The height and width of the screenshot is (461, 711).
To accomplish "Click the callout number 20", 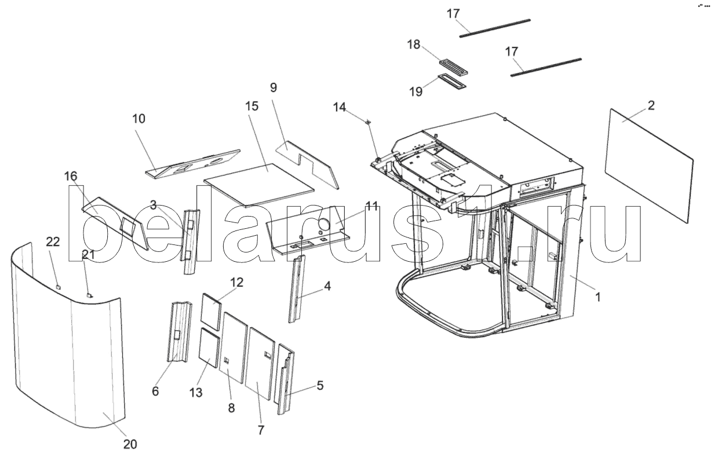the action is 130,445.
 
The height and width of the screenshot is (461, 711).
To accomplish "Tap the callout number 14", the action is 340,107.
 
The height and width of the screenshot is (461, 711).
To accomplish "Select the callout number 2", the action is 651,105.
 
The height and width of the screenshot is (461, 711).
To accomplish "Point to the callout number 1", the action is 598,297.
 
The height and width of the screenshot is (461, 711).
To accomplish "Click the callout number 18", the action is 414,45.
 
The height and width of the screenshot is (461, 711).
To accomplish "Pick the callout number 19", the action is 416,92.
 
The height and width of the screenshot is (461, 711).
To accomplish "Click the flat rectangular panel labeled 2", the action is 649,166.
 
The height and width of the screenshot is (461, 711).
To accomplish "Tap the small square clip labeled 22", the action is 58,287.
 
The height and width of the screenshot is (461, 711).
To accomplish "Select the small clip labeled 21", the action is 89,295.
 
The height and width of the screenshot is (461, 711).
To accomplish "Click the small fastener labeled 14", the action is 368,122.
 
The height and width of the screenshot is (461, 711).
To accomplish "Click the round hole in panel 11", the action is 324,225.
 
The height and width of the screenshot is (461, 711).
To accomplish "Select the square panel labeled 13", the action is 209,348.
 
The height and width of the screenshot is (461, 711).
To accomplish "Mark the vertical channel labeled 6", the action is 179,332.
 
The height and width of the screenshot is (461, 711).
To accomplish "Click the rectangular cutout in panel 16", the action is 127,226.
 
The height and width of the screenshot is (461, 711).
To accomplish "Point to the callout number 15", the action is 251,107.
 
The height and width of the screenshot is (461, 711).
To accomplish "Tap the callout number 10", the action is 138,119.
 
